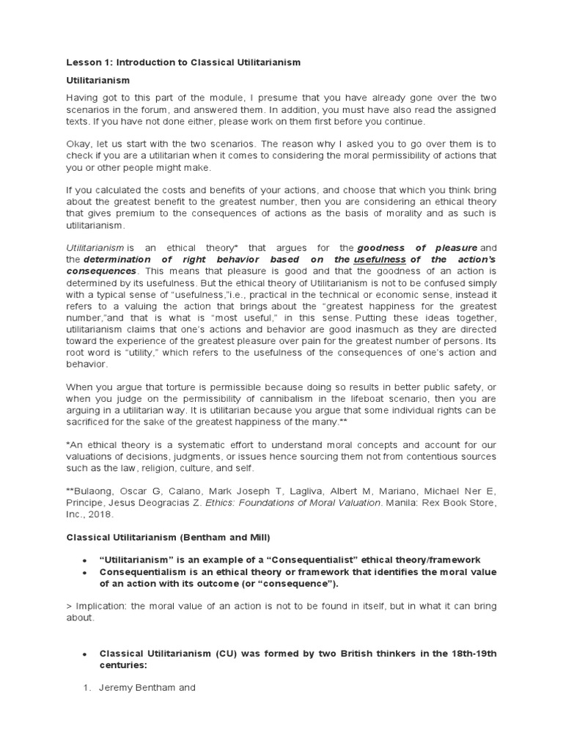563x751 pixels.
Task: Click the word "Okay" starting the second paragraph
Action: [x=79, y=144]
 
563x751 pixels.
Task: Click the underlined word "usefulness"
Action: [x=380, y=260]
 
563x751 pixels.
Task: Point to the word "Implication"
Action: [x=100, y=606]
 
